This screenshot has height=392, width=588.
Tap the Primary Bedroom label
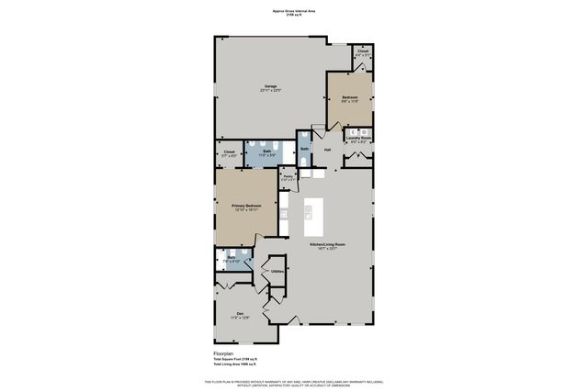246,206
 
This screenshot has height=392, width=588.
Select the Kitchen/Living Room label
327,244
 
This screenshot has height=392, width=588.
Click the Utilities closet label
277,272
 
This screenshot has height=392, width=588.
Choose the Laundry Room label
359,139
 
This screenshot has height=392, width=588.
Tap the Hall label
326,149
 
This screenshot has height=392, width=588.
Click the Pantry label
288,175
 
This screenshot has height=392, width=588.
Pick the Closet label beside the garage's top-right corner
362,51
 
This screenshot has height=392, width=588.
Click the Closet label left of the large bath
229,151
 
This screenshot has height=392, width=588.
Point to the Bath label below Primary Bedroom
232,258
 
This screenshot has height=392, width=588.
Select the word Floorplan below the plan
213,352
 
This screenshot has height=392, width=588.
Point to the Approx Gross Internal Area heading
293,11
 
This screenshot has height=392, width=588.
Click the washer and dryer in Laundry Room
359,130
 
